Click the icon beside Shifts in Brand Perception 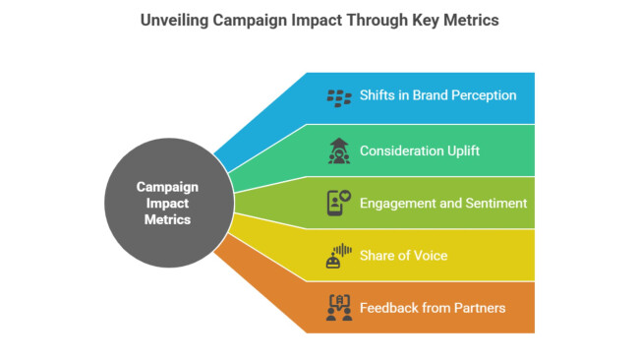pos(339,97)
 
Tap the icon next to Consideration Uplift pos(339,150)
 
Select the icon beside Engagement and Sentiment pos(339,203)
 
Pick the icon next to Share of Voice pos(339,256)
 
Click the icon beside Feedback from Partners pos(339,308)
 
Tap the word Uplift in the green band pos(460,150)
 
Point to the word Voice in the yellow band pos(429,256)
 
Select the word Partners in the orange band pos(478,308)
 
